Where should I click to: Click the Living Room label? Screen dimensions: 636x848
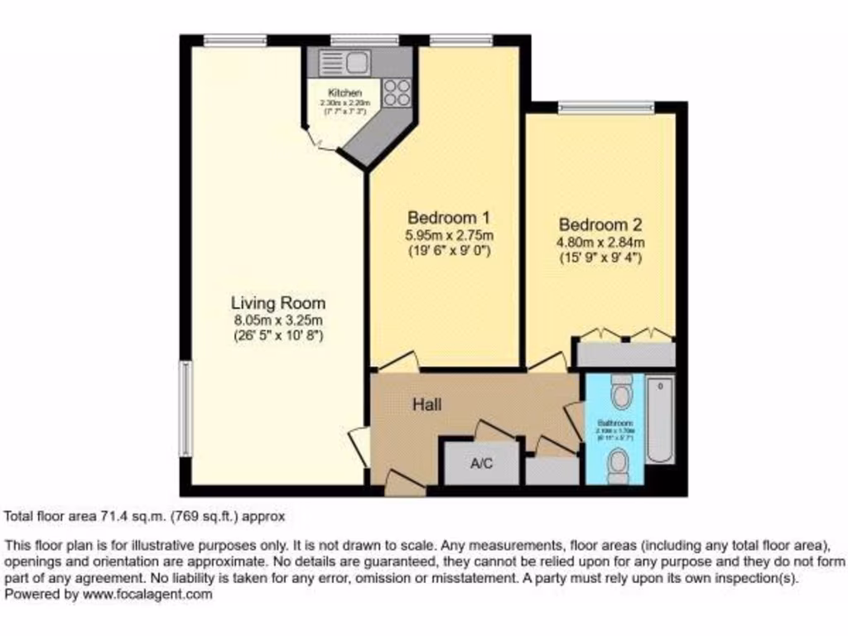277,303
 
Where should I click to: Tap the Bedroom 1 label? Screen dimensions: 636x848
449,218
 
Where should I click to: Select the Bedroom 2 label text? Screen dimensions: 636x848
600,224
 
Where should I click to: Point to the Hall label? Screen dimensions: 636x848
427,405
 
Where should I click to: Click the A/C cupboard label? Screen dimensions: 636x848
481,463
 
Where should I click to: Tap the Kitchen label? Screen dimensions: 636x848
344,92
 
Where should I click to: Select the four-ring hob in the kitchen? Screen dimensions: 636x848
397,91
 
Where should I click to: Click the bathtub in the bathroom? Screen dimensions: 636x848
660,419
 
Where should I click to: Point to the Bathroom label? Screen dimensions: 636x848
614,422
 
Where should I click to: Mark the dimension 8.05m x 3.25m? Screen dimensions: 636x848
277,320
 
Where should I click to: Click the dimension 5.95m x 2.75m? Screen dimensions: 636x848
449,235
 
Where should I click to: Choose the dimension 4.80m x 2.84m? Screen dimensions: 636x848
600,242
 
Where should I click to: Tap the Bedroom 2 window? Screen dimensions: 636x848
606,106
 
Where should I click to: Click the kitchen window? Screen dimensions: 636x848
364,39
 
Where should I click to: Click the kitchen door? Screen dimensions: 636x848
320,142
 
